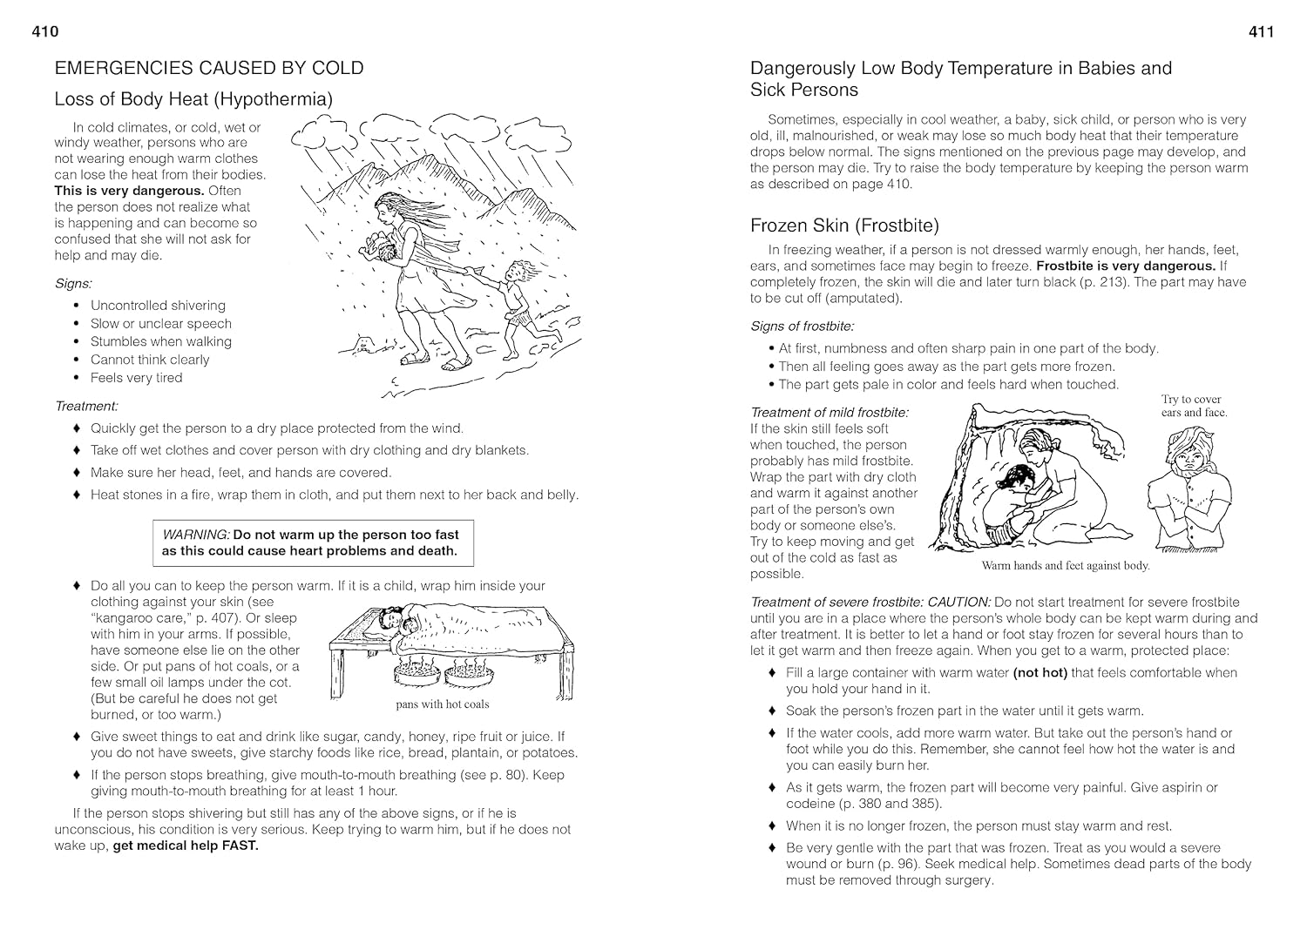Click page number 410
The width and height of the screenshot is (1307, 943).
point(44,32)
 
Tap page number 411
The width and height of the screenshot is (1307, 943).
point(1261,32)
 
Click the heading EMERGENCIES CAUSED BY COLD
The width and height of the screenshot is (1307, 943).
point(208,68)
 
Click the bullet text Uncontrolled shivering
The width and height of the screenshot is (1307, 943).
point(158,306)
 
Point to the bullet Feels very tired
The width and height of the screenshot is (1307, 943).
point(136,378)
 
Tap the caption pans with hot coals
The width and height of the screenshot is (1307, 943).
point(442,704)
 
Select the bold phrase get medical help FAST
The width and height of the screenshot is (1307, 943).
point(186,845)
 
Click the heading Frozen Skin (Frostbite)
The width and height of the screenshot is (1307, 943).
point(844,226)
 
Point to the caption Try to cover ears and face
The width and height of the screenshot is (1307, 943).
point(1193,406)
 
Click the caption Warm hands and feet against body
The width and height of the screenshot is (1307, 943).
point(1065,566)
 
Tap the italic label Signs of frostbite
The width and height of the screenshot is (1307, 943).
point(802,327)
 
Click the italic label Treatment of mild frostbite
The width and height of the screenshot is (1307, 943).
point(829,413)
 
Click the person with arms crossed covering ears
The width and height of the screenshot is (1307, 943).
point(1189,492)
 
